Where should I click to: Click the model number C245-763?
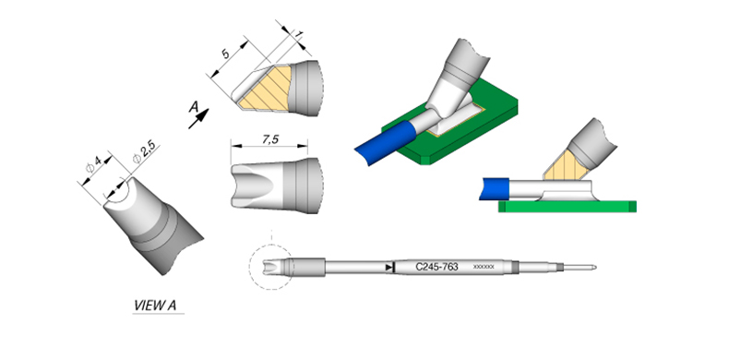436,267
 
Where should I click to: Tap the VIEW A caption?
155,306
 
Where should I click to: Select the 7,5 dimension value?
269,139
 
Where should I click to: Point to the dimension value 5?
226,54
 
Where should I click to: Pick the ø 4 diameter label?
93,164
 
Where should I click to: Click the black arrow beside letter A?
198,118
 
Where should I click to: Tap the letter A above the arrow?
194,107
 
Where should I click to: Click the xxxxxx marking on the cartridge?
483,267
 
